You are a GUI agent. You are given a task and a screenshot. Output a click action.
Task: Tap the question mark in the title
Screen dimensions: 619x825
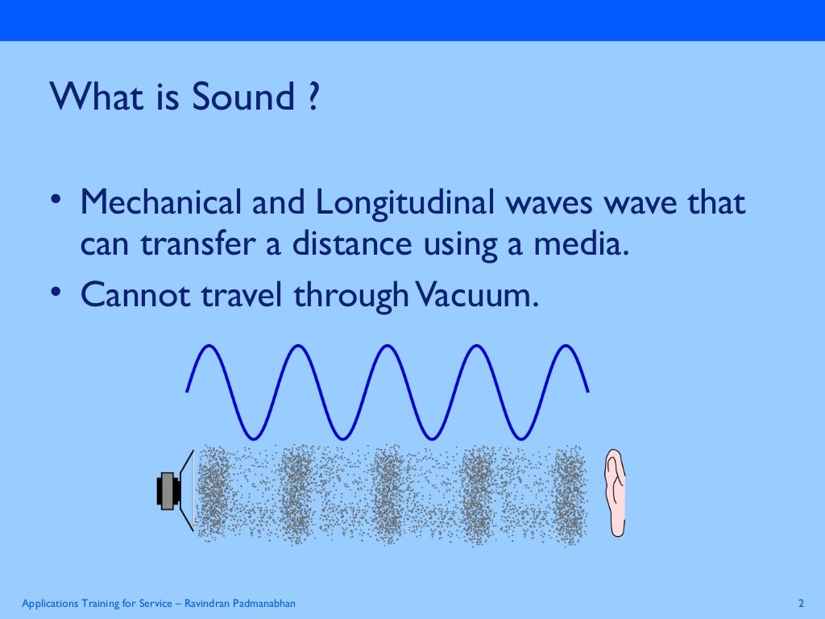pos(313,98)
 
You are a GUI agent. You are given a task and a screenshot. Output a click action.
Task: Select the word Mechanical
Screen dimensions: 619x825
pos(160,202)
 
